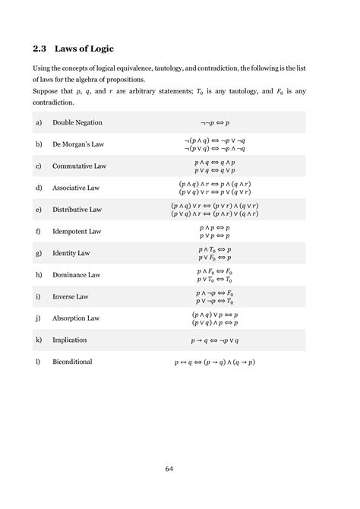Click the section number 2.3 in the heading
[x=39, y=49]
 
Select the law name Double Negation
[x=77, y=122]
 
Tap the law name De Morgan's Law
[x=79, y=144]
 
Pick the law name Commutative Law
[x=79, y=166]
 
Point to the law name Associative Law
[x=77, y=188]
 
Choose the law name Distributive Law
[x=77, y=209]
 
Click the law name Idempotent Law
[x=77, y=231]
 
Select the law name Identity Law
[x=71, y=253]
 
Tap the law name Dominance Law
[x=76, y=274]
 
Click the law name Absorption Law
[x=76, y=318]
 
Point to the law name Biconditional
[x=72, y=362]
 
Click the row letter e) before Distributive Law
[x=38, y=209]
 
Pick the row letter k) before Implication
[x=38, y=340]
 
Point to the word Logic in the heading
[x=98, y=49]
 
